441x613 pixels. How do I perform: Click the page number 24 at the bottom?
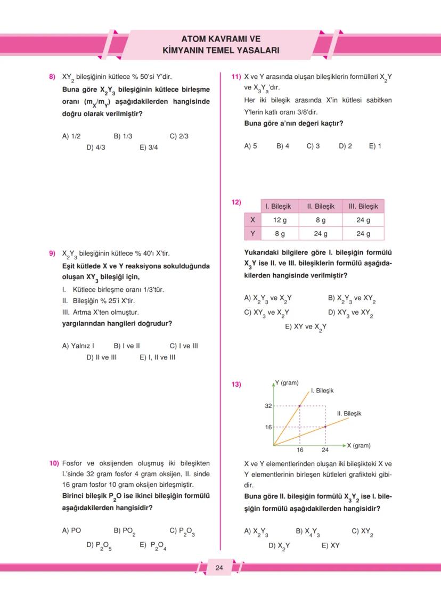coord(219,568)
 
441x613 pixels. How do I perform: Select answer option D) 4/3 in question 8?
coord(96,148)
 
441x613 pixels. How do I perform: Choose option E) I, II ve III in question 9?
coord(157,357)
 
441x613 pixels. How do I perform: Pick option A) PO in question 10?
coord(71,530)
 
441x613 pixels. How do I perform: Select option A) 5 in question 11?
coord(250,146)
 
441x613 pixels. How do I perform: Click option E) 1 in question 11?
coord(375,146)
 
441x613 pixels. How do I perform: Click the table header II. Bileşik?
coord(321,206)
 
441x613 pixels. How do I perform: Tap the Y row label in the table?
coord(252,233)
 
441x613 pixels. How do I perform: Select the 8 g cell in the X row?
coord(321,220)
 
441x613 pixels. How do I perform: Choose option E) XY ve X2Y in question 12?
coord(306,327)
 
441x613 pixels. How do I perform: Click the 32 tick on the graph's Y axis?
coord(268,406)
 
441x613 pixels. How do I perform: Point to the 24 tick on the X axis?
coord(325,450)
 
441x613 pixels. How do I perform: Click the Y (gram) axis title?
coord(287,383)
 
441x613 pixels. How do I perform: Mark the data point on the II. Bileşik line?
coord(325,426)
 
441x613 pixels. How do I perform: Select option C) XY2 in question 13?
coord(362,532)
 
